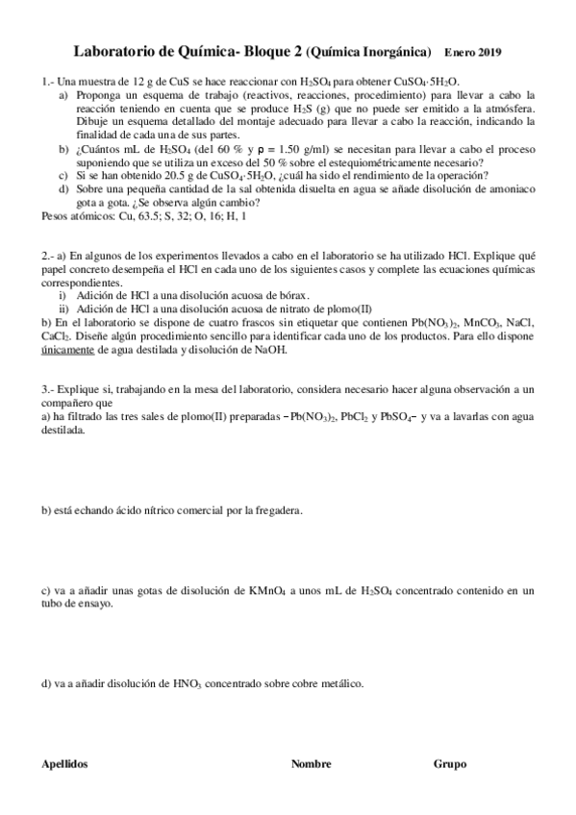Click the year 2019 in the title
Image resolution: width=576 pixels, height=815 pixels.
[x=489, y=52]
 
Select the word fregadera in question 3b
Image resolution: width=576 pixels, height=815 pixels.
[x=278, y=510]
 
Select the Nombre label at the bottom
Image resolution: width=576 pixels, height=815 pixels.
[x=312, y=764]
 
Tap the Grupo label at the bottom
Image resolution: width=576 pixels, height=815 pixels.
[x=450, y=764]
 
